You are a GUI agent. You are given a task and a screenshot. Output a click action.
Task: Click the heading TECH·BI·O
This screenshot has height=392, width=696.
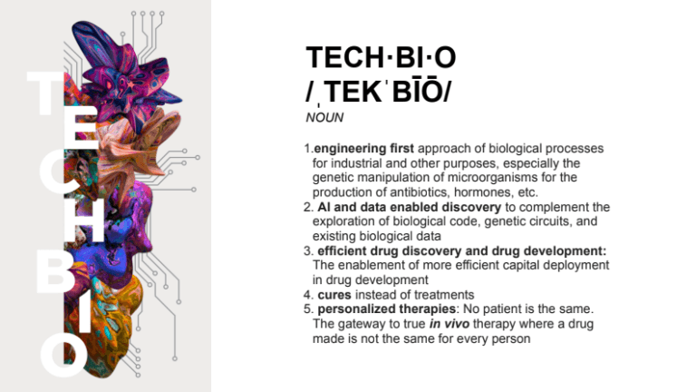click(381, 58)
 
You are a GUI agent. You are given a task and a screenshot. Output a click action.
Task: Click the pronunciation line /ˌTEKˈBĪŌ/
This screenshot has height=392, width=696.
click(380, 91)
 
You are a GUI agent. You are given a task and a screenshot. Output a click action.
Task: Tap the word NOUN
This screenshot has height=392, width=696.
click(324, 117)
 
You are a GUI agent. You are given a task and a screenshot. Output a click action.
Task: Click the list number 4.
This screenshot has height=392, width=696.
click(307, 294)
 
